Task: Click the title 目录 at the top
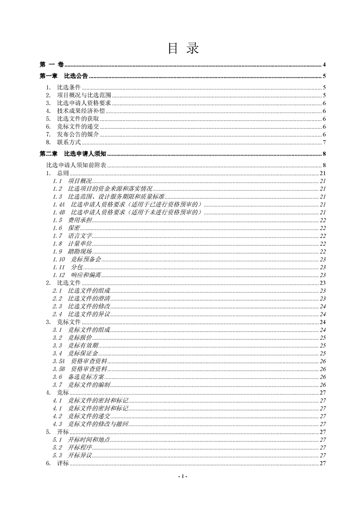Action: (183, 49)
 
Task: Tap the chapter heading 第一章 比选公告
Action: (64, 76)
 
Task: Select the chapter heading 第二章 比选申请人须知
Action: (73, 154)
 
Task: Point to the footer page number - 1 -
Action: (182, 476)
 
